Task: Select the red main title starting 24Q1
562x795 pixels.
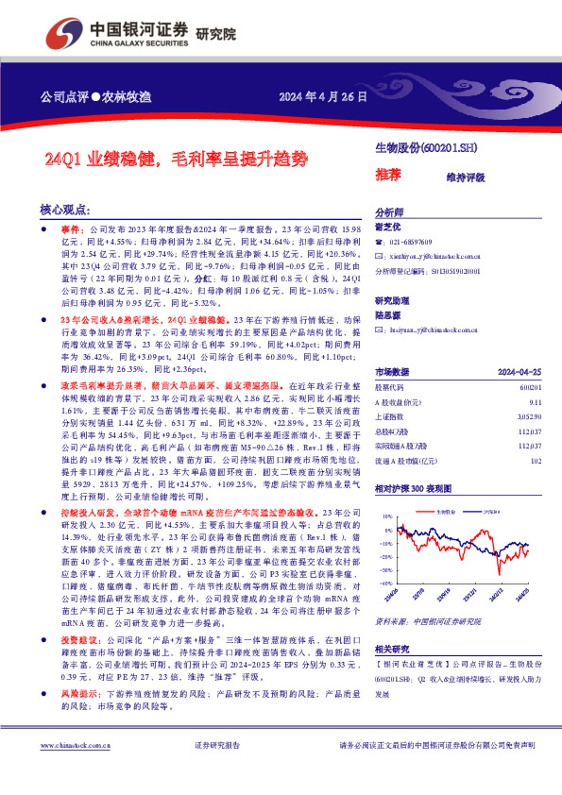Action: [x=177, y=159]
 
